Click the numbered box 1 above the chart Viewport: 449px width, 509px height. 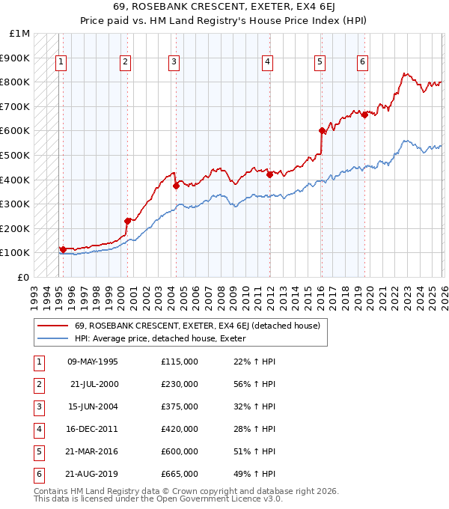pos(60,62)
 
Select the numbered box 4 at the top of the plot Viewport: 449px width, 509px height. pos(267,62)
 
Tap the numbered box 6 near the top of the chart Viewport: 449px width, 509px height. pos(362,62)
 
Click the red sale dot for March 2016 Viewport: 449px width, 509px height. pos(322,131)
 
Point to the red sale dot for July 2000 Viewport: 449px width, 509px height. pos(128,220)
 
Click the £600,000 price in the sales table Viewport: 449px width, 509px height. pos(179,451)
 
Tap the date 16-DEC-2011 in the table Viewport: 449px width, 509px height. pos(92,429)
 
